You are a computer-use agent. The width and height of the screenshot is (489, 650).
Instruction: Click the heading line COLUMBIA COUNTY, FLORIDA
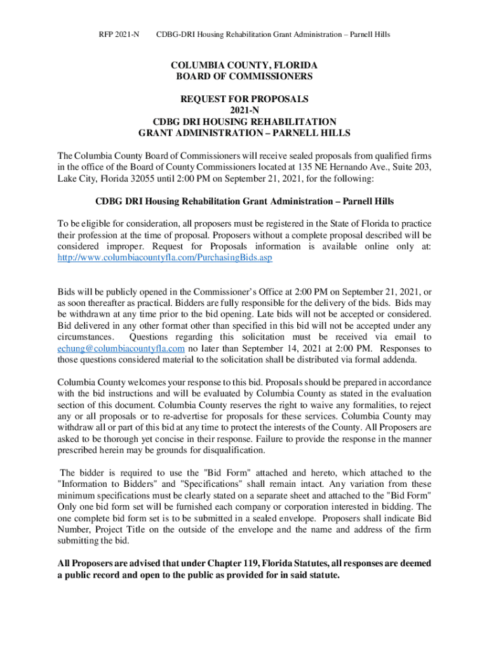coord(245,65)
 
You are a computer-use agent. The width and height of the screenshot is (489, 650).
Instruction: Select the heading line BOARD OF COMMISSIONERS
coord(245,76)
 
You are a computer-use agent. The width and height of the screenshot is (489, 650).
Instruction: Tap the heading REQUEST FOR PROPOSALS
coord(245,99)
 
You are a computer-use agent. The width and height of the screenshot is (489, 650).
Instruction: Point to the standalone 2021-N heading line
coord(245,110)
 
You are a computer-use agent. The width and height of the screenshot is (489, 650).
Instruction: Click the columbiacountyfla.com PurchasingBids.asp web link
coord(165,258)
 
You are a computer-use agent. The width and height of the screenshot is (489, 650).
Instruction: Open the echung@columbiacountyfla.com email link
coord(121,348)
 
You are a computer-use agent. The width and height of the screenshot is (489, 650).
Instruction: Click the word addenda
coord(399,359)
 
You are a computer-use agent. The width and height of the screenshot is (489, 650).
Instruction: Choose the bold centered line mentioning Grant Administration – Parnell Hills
coord(245,201)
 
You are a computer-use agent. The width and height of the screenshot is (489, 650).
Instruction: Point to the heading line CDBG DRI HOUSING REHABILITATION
coord(245,121)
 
